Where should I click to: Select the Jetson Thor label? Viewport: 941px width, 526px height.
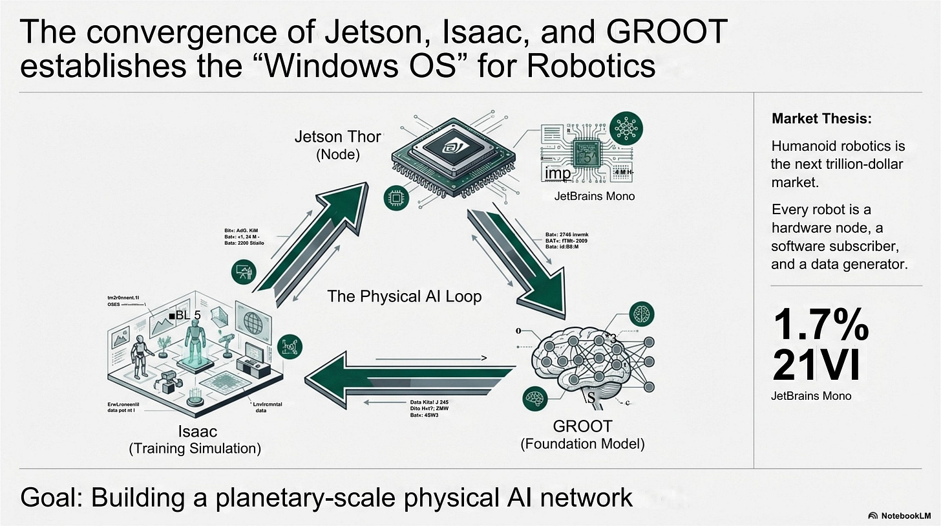pos(338,137)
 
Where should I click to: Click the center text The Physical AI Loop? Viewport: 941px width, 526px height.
pos(405,296)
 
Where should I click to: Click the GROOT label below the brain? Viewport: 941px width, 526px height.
pos(582,427)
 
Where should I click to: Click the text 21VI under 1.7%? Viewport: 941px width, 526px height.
pos(816,366)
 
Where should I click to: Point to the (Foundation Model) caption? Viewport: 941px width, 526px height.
pos(582,444)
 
